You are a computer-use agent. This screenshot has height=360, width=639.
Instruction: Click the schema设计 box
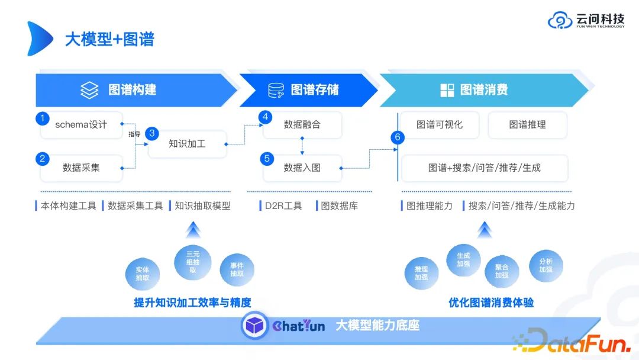81,125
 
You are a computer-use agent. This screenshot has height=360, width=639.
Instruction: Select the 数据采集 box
81,168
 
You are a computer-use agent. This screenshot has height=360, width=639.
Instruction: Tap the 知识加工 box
187,144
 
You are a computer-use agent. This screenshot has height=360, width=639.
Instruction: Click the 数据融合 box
302,125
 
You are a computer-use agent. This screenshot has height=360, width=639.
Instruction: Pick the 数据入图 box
302,168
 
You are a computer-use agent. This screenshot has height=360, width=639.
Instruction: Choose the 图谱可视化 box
439,125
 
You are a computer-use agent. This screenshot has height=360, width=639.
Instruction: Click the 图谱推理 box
527,125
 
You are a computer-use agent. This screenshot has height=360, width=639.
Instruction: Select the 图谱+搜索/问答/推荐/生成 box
484,168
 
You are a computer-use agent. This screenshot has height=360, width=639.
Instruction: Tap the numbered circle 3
152,134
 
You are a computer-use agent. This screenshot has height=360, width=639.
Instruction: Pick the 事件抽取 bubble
237,270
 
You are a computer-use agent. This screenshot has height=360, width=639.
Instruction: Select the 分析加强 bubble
546,265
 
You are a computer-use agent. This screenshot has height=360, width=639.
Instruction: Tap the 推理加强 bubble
421,274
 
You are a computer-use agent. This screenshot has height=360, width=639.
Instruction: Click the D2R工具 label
282,206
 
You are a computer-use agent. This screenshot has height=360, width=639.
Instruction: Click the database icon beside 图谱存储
276,91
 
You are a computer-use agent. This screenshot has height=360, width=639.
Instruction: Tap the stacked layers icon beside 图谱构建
89,91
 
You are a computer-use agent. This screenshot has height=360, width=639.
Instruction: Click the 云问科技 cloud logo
559,21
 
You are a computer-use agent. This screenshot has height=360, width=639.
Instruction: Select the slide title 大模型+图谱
109,39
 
